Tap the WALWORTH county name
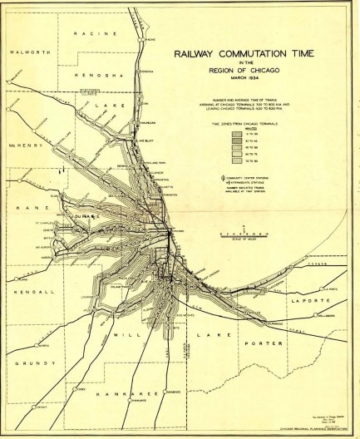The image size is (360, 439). [26, 52]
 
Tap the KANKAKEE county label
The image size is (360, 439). [122, 392]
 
